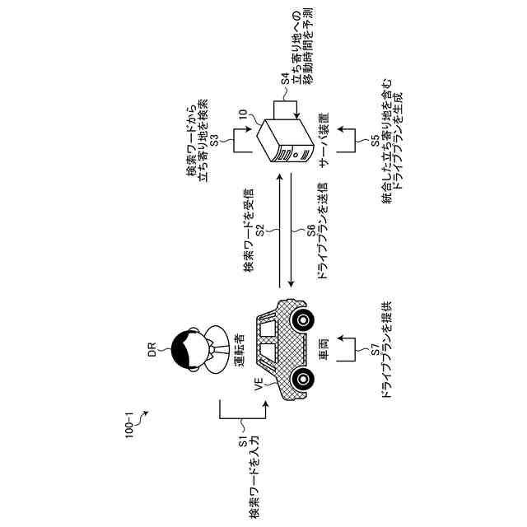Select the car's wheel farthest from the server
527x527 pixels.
(304, 378)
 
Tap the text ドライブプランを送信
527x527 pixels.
(323, 234)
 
